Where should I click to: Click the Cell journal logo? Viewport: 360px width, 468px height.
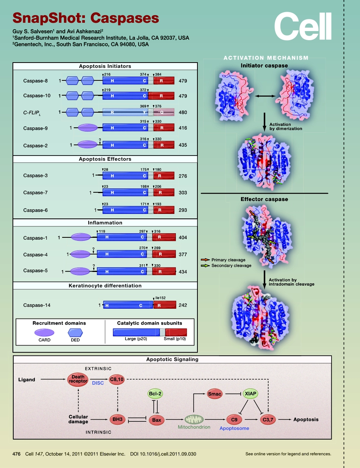(x=303, y=26)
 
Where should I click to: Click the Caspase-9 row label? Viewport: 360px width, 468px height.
(x=36, y=128)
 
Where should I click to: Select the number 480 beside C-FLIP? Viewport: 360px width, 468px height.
(x=183, y=112)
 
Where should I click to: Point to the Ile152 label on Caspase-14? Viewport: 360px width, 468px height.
(x=160, y=298)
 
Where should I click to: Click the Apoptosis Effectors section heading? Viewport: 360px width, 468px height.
(x=105, y=159)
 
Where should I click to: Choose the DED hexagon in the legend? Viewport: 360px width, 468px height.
(x=75, y=333)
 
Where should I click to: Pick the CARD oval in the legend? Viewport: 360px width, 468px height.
(x=44, y=333)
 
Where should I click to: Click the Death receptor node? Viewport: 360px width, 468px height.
(x=78, y=379)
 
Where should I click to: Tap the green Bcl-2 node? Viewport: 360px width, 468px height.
(x=155, y=394)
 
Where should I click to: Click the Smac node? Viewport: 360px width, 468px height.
(x=214, y=394)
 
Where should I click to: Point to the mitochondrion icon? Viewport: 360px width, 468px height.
(x=194, y=419)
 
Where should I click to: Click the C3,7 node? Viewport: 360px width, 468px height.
(x=270, y=419)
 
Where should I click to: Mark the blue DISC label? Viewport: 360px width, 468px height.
(x=98, y=383)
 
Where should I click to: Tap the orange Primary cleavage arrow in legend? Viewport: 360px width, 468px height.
(x=205, y=260)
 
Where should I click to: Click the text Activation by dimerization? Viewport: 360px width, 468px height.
(x=285, y=126)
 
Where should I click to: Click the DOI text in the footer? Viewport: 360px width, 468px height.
(x=163, y=454)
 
